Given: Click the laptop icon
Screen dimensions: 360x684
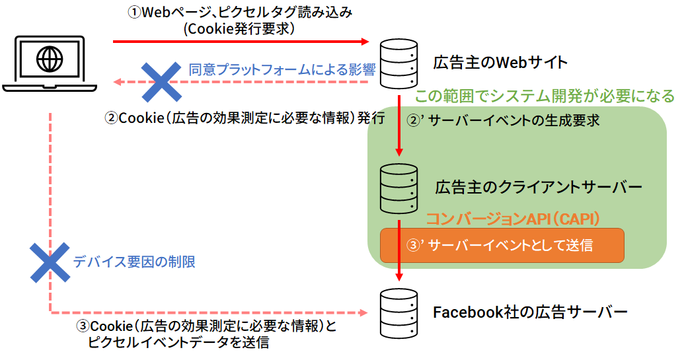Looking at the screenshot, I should (50, 64).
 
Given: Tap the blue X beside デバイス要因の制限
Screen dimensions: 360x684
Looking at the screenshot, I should (49, 262).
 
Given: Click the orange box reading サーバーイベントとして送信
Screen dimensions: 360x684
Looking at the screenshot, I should (502, 245).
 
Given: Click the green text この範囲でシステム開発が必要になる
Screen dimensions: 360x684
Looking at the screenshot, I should (545, 96).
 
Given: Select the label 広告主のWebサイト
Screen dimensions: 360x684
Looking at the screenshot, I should (500, 63).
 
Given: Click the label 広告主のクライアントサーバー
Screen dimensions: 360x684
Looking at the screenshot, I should (539, 187).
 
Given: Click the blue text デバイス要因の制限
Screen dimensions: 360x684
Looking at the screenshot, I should (134, 262).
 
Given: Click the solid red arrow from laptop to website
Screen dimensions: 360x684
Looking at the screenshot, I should (241, 42).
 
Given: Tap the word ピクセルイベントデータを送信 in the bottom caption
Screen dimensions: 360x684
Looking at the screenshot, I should (178, 342).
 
